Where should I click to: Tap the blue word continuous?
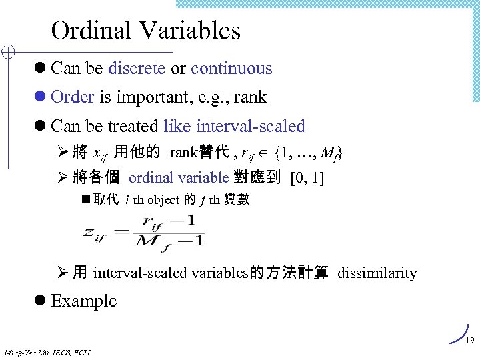coord(231,69)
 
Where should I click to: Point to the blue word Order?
coord(72,97)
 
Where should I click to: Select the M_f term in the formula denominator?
coord(153,242)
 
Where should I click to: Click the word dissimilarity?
coord(377,273)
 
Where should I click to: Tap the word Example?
coord(83,301)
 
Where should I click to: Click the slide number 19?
coord(469,341)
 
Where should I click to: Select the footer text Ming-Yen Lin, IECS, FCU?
coord(47,352)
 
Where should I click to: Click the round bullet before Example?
coord(41,301)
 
